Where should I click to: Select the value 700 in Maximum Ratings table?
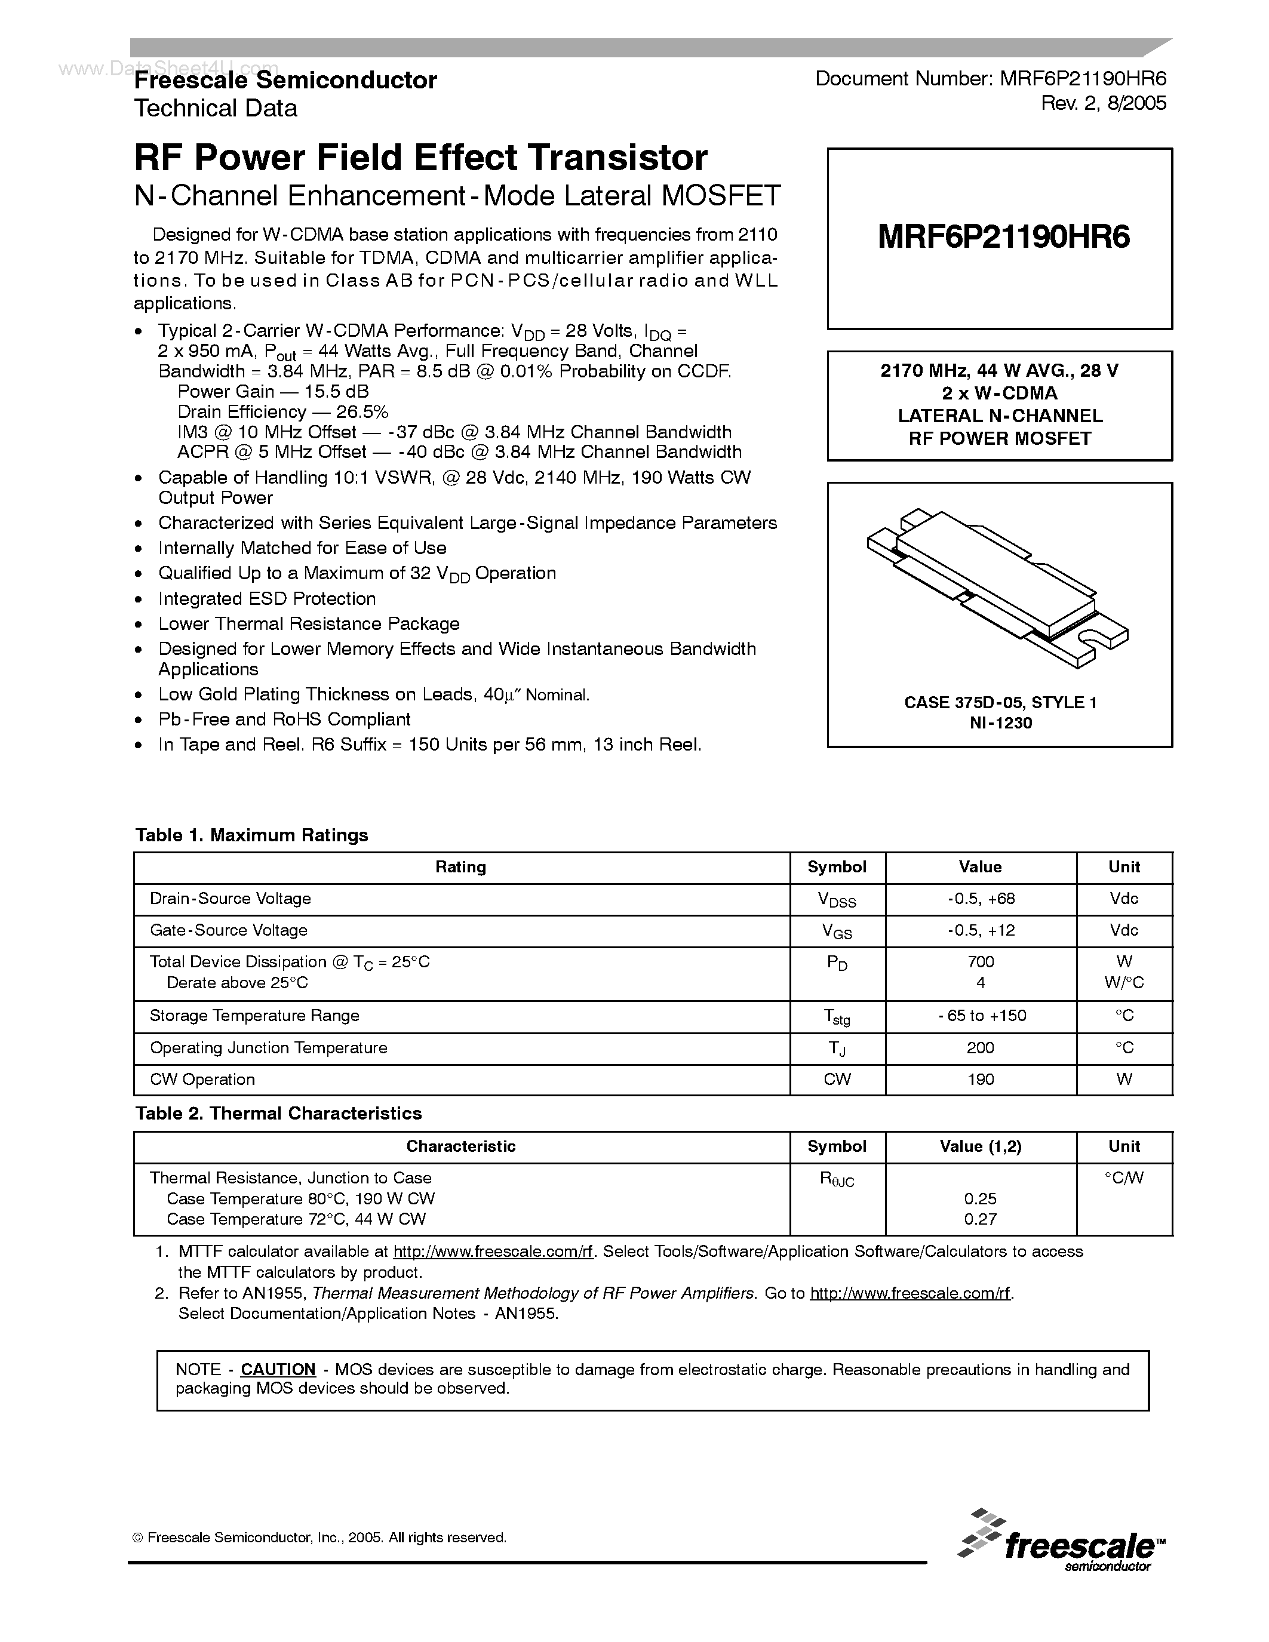(x=981, y=961)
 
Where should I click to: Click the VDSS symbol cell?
(x=837, y=900)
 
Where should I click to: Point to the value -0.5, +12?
(x=981, y=931)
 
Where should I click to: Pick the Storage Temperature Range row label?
(x=254, y=1016)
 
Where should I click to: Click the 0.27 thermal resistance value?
(x=981, y=1219)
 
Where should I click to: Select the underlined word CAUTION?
(x=278, y=1369)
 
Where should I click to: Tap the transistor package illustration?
(x=998, y=587)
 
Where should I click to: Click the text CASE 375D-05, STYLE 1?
(x=1000, y=702)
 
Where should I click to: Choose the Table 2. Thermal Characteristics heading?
(x=278, y=1114)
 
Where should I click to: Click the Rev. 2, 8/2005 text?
(x=1103, y=104)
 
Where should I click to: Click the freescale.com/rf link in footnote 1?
(x=493, y=1252)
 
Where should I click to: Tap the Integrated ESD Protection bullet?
(x=267, y=599)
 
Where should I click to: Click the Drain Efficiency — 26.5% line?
(x=282, y=412)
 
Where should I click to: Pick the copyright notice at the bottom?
(x=319, y=1538)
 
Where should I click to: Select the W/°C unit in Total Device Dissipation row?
(x=1124, y=983)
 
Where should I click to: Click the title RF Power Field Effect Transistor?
(x=420, y=158)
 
